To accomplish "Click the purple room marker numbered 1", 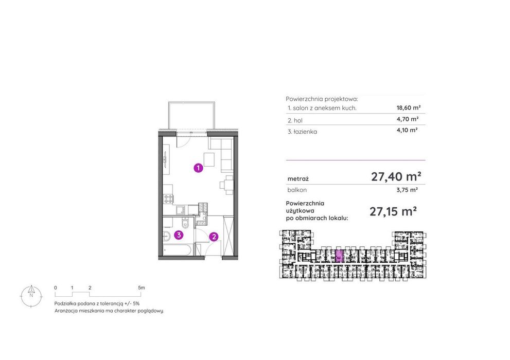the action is point(199,168).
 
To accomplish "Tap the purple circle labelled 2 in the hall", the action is point(214,237).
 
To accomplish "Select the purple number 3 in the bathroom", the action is point(179,235).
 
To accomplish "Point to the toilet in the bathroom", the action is point(185,224).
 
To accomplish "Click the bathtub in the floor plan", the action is point(179,250).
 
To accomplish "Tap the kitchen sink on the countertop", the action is point(181,210).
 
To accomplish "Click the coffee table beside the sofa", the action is point(209,159).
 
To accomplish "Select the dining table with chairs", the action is point(227,185).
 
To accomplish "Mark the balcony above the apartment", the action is point(191,115).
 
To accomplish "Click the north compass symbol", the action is point(31,296).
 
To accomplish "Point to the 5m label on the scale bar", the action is point(141,287).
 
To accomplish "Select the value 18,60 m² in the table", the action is point(409,107).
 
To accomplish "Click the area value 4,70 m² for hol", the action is point(407,119).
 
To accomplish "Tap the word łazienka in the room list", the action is point(305,132).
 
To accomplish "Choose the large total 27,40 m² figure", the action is point(396,177).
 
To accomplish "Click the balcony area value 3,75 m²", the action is point(407,190).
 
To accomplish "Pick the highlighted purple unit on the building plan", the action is point(339,256).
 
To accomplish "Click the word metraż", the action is point(298,178).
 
